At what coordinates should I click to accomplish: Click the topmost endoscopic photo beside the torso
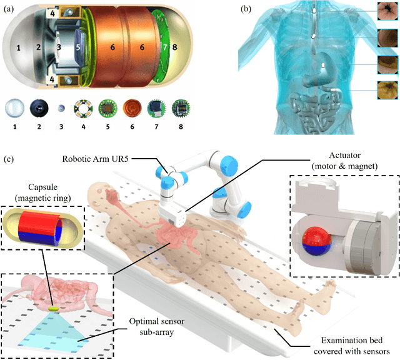pyautogui.click(x=387, y=11)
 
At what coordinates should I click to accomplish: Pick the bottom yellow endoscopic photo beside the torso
pyautogui.click(x=387, y=89)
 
